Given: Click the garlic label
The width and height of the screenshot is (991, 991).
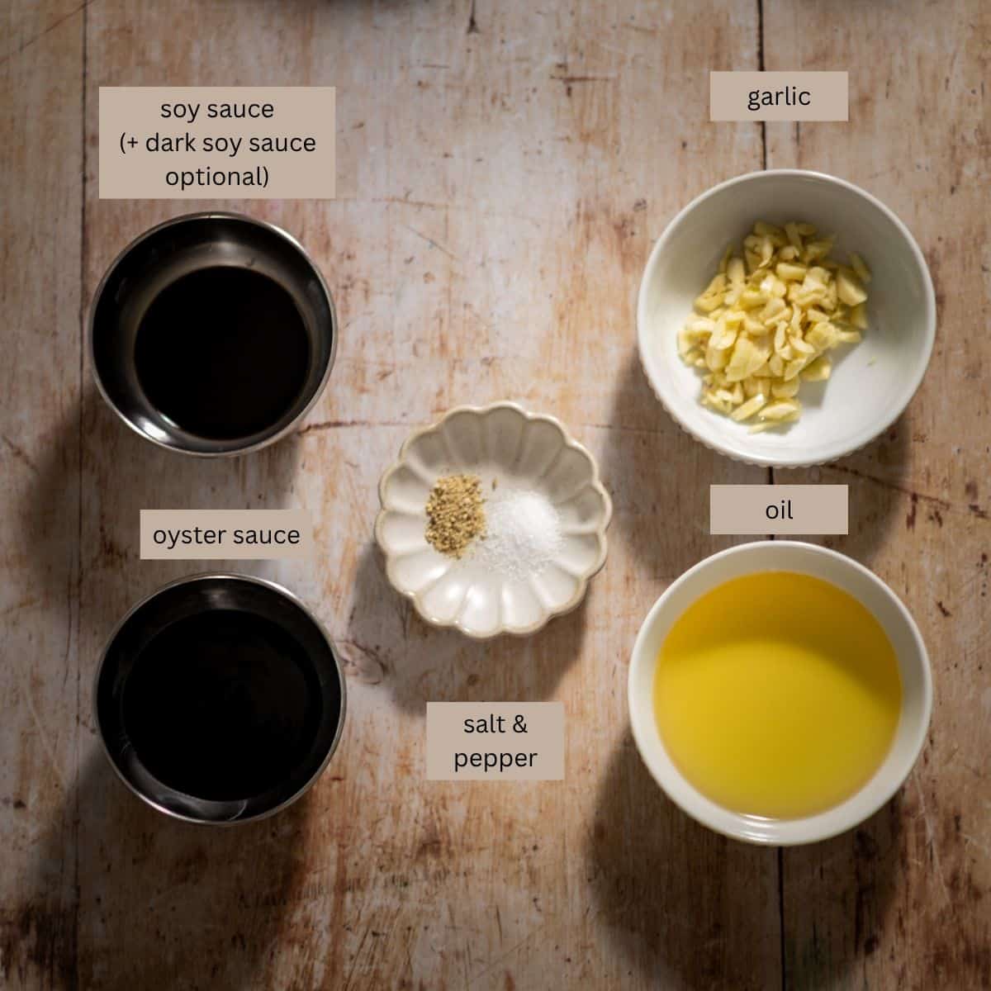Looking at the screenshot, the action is pyautogui.click(x=779, y=96).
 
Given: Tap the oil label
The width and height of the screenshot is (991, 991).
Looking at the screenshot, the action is pyautogui.click(x=779, y=510).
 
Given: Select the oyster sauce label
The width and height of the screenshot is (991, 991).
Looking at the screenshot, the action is pyautogui.click(x=226, y=534).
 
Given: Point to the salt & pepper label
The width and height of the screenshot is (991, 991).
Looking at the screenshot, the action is pyautogui.click(x=495, y=741).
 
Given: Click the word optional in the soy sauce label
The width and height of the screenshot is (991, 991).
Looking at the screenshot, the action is pyautogui.click(x=217, y=177).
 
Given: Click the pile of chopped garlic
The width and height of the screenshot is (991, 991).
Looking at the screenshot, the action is pyautogui.click(x=774, y=325).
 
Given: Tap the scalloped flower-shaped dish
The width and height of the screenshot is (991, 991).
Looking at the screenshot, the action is pyautogui.click(x=493, y=520).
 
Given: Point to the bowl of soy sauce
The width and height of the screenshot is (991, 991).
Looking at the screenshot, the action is pyautogui.click(x=213, y=334).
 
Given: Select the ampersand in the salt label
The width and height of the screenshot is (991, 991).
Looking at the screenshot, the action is pyautogui.click(x=519, y=724).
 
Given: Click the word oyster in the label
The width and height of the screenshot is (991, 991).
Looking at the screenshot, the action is pyautogui.click(x=188, y=536).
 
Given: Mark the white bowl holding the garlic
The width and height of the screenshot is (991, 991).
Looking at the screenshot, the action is pyautogui.click(x=786, y=318).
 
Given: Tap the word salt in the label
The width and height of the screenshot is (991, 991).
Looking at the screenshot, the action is pyautogui.click(x=484, y=724).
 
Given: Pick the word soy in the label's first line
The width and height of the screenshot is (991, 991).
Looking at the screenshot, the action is pyautogui.click(x=179, y=110).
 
